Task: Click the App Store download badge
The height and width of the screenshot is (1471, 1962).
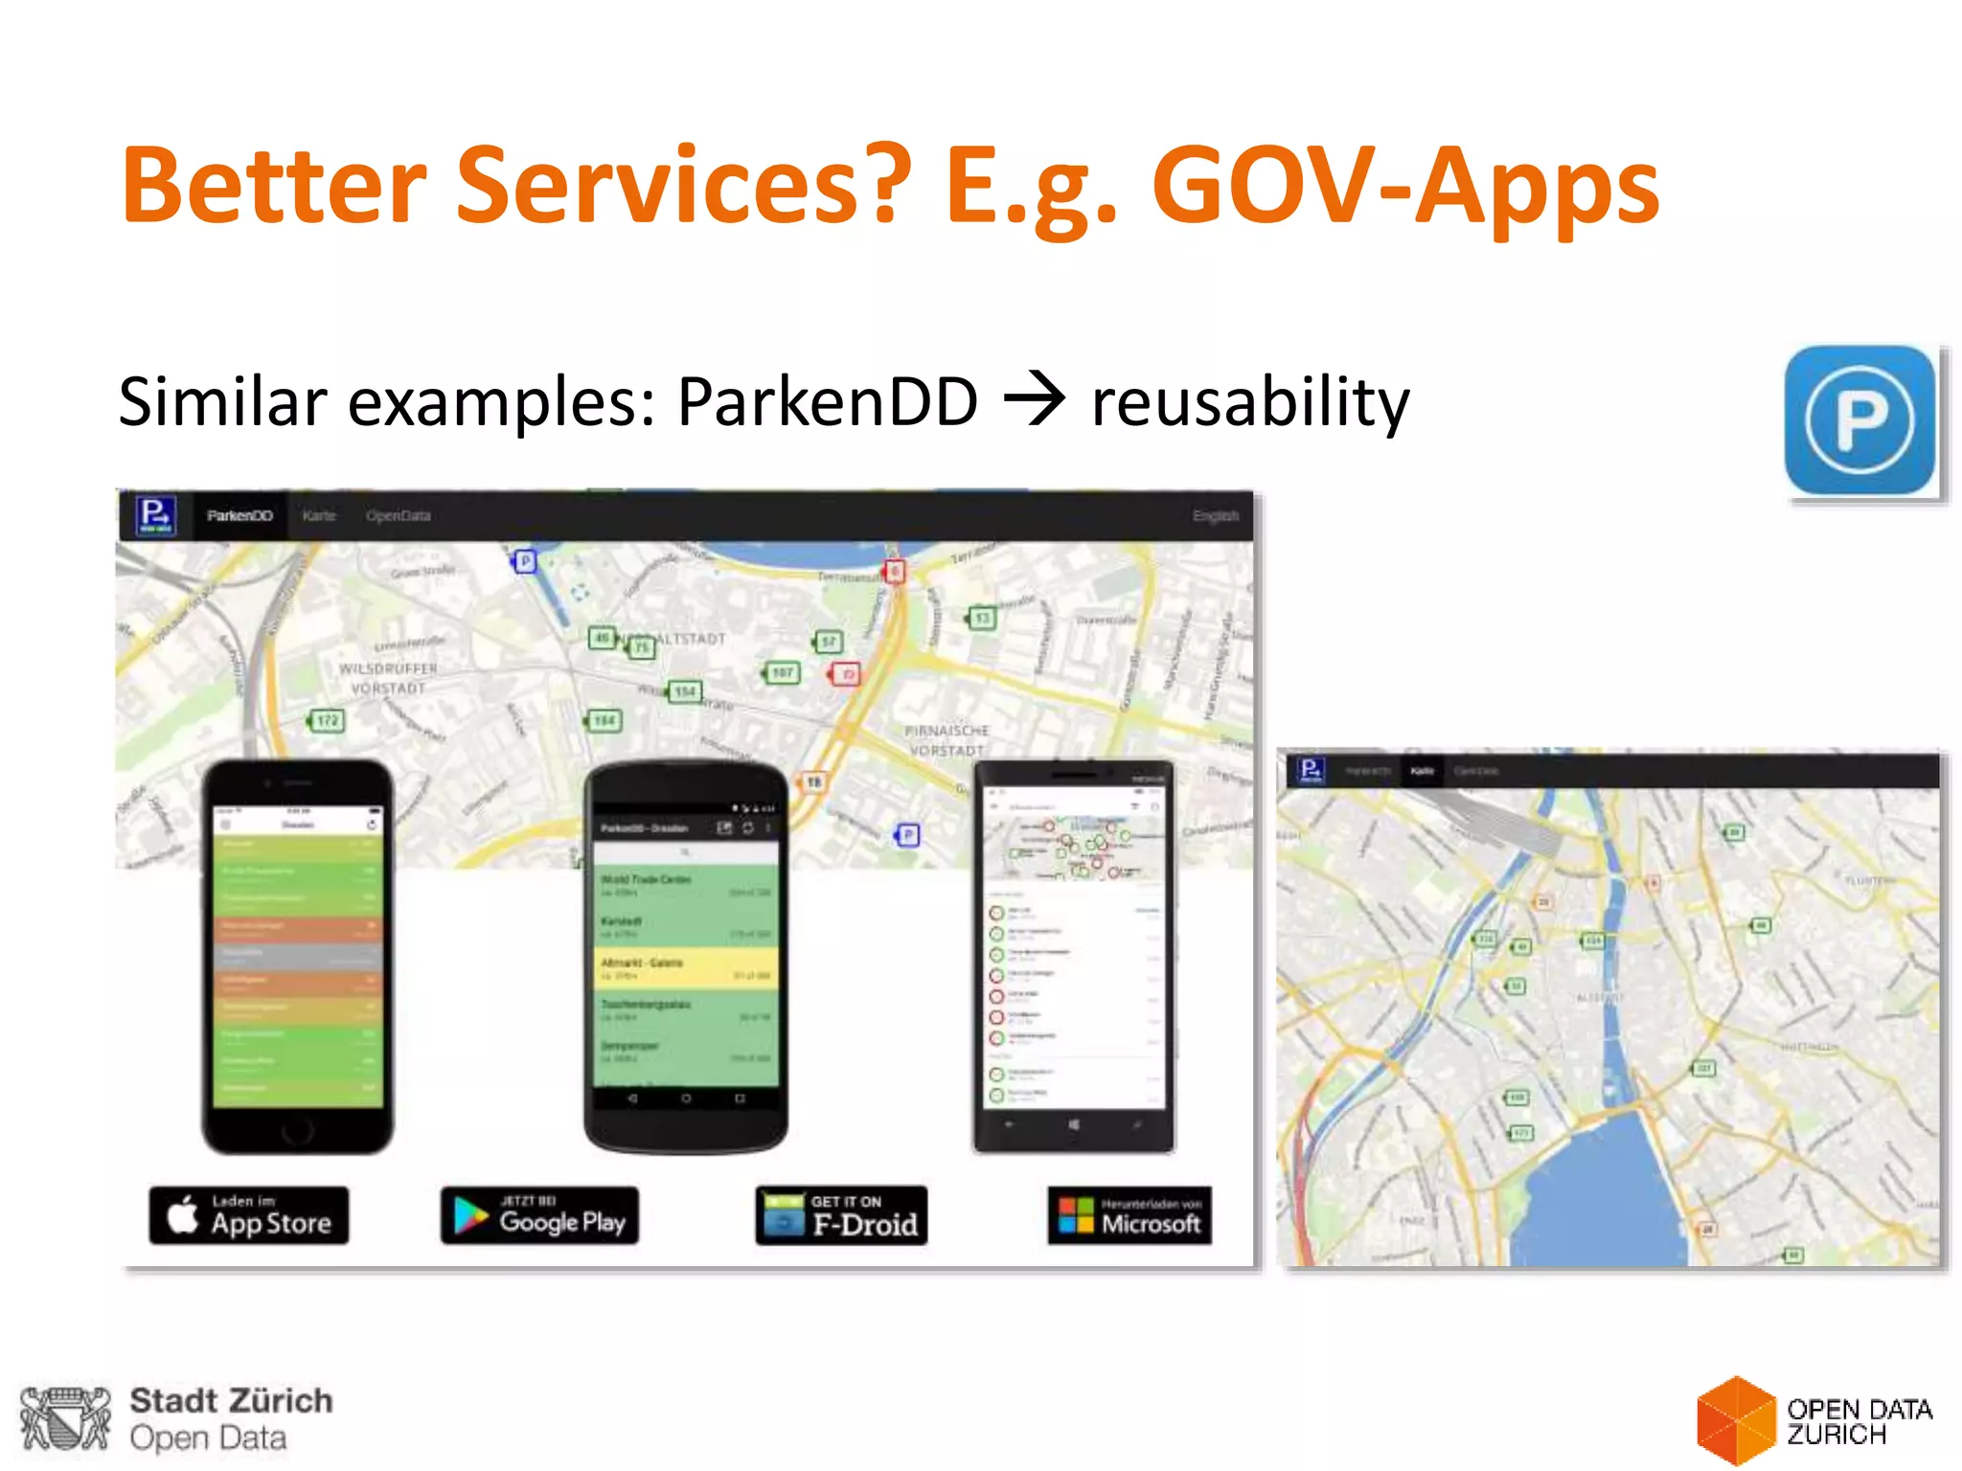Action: click(x=249, y=1215)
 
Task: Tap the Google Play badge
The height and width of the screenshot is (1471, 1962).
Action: click(x=539, y=1215)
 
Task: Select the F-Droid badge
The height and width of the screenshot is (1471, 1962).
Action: click(x=841, y=1215)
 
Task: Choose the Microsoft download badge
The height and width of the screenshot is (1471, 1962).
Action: click(x=1129, y=1215)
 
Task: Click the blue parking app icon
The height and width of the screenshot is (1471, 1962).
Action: click(x=1859, y=420)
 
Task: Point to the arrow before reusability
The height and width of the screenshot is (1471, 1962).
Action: click(x=1034, y=399)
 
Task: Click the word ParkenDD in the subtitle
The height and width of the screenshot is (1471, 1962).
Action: click(x=827, y=401)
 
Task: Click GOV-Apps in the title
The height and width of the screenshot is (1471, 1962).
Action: click(x=1404, y=186)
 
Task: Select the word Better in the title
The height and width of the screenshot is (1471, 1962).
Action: click(x=273, y=186)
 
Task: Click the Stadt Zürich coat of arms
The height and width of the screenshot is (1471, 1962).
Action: click(x=65, y=1418)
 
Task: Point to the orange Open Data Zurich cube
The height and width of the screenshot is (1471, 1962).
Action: click(x=1735, y=1420)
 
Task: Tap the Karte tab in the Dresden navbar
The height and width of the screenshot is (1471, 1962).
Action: click(x=319, y=515)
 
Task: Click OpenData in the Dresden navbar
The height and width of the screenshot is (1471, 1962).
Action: click(x=398, y=515)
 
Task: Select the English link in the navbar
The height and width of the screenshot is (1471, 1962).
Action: click(x=1215, y=515)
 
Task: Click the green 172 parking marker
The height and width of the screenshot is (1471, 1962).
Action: click(x=328, y=720)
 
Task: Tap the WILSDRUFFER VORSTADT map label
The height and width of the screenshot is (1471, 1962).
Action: click(x=388, y=678)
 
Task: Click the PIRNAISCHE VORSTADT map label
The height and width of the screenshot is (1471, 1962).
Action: click(x=947, y=740)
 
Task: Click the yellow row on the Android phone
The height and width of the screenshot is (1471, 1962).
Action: click(x=684, y=968)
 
